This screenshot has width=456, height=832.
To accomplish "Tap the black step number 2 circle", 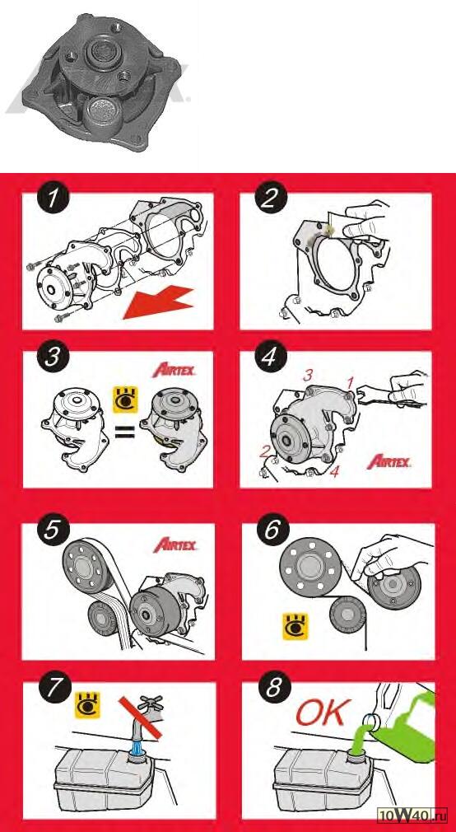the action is (x=271, y=199).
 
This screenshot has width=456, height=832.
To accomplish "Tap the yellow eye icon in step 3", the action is (x=126, y=400).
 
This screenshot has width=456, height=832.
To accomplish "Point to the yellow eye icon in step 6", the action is (x=295, y=626).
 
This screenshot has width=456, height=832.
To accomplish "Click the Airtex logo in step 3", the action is (x=174, y=370).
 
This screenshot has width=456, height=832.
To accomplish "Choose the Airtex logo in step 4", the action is (x=389, y=461).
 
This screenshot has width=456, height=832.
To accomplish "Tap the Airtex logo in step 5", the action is (x=174, y=545).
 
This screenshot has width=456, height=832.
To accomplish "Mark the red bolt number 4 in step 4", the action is (x=334, y=472).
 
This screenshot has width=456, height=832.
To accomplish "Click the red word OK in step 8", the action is (x=323, y=712).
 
